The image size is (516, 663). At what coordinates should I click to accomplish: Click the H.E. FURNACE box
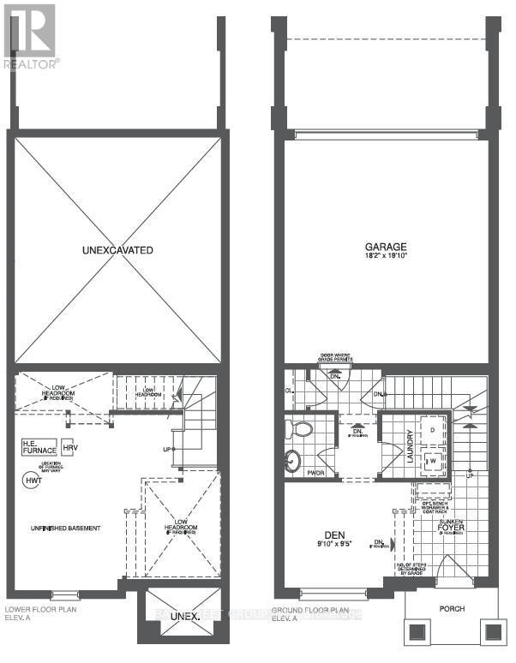[x=39, y=445]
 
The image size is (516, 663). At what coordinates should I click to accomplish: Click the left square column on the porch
[x=418, y=632]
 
